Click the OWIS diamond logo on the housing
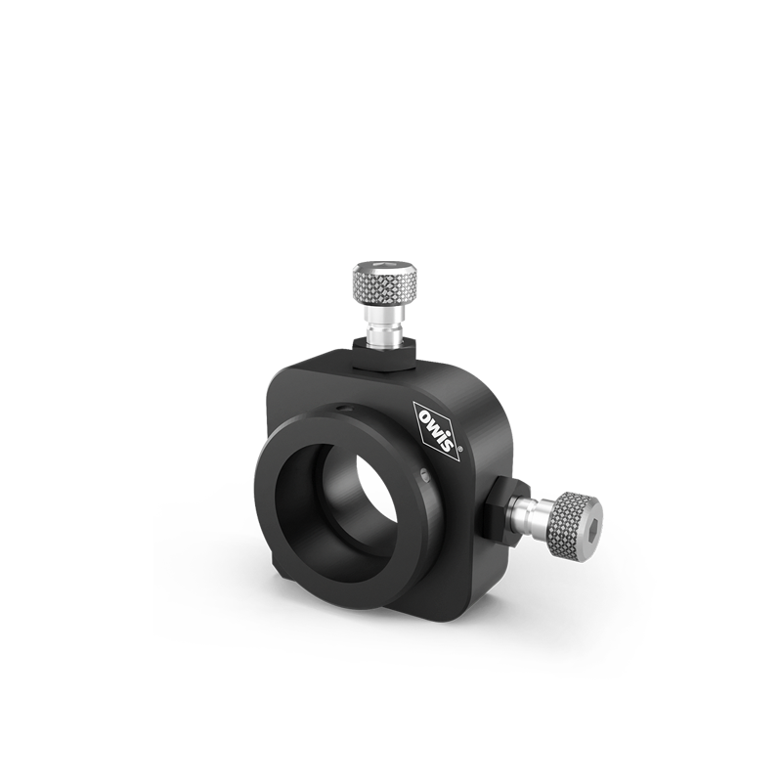coord(436,431)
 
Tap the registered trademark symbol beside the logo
coord(459,449)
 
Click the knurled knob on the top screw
coord(386,282)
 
